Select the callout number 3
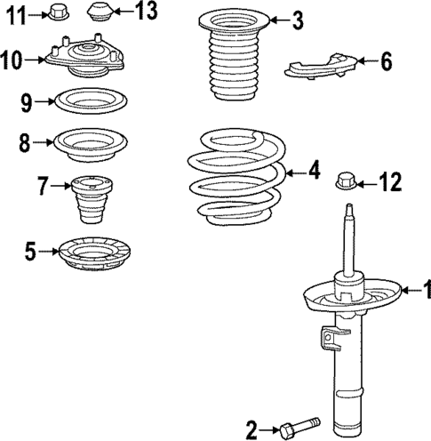coord(297,19)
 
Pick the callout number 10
coord(12,60)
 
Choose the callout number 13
coord(146,12)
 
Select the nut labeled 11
coord(58,12)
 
